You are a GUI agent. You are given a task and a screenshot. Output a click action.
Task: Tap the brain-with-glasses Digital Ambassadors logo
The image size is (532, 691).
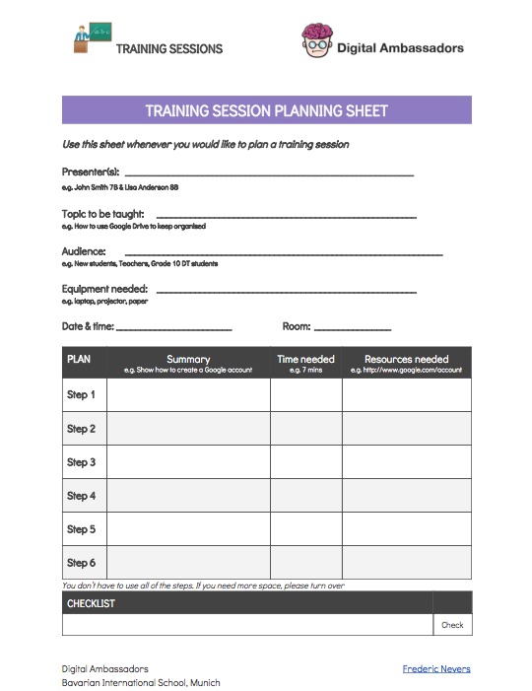[x=315, y=40]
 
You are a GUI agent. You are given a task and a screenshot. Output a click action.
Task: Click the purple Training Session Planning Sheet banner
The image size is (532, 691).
[x=266, y=110]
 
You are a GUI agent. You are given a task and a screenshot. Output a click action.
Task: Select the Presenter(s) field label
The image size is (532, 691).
[x=91, y=172]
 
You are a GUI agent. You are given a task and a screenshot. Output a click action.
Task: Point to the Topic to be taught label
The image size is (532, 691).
[x=103, y=213]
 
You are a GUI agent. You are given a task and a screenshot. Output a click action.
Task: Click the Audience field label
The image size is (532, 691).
[x=84, y=251]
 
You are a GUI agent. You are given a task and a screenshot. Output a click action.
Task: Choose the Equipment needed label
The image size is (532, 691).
[x=104, y=289]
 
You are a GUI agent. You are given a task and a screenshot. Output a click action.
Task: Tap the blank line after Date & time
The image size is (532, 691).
[x=174, y=328]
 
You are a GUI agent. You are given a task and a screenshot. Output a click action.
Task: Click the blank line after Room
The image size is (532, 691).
[x=353, y=328]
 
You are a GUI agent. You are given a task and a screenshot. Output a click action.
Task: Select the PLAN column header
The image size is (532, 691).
[x=79, y=359]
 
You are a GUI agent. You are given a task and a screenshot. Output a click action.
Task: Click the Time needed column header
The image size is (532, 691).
[x=305, y=360]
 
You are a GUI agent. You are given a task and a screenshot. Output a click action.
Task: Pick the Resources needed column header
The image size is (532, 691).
[x=406, y=360]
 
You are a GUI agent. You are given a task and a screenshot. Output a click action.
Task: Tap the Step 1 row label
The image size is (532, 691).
[x=81, y=395]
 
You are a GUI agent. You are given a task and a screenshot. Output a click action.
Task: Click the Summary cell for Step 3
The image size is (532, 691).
[x=188, y=462]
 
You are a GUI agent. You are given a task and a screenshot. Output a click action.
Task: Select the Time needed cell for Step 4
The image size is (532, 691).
[x=305, y=496]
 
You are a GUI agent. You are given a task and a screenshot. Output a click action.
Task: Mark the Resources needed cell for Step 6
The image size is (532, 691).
[x=406, y=563]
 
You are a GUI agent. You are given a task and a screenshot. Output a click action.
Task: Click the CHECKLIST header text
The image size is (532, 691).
[x=91, y=603]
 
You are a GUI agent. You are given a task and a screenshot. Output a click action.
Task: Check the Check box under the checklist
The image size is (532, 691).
[x=452, y=625]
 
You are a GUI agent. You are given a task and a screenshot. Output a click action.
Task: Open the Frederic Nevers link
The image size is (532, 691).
[x=436, y=668]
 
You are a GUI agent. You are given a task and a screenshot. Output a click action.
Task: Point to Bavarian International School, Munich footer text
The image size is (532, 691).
[x=141, y=682]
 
